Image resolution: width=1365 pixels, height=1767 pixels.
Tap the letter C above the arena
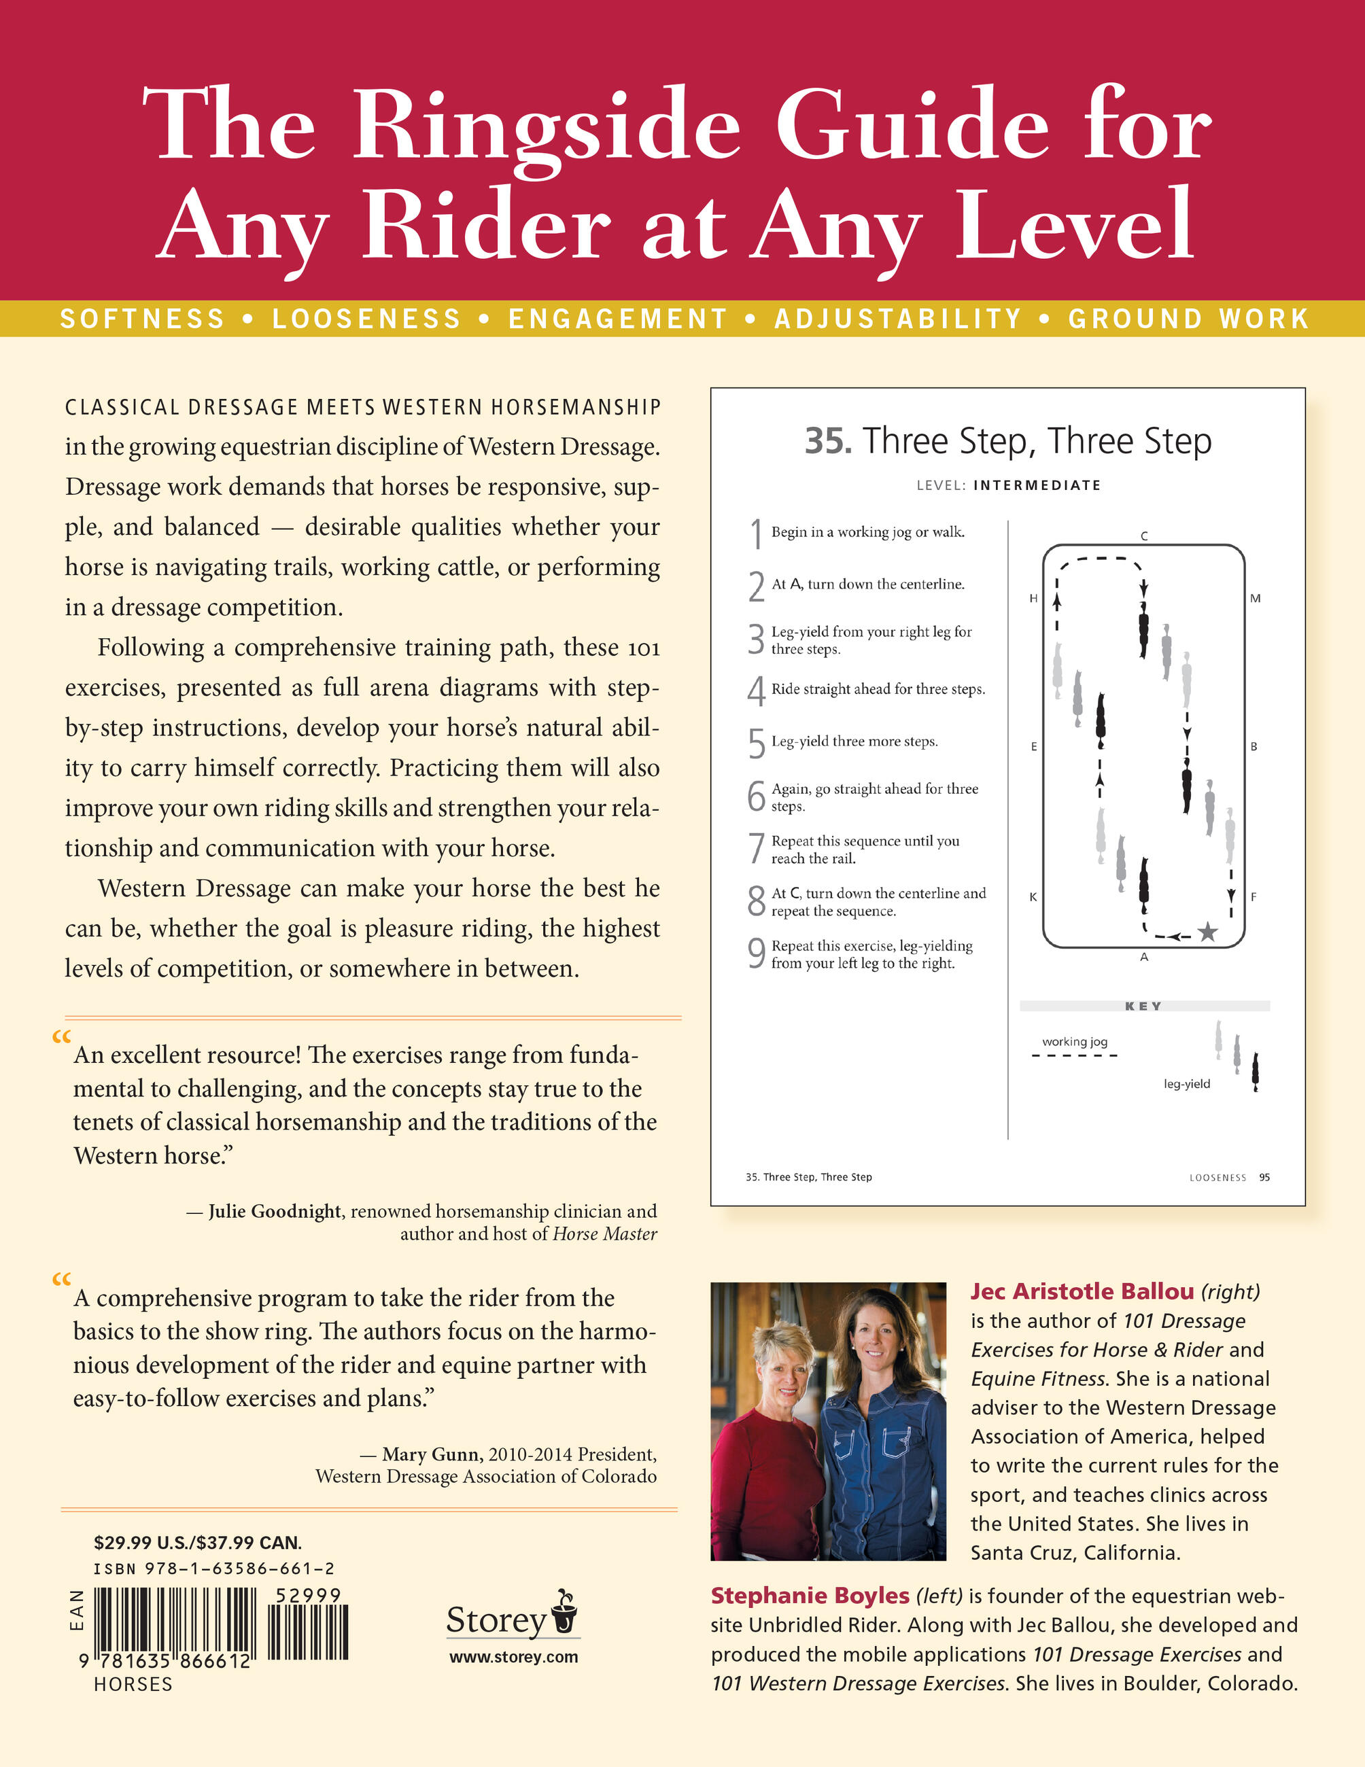(x=1144, y=536)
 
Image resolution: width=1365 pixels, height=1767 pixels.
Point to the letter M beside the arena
(x=1255, y=599)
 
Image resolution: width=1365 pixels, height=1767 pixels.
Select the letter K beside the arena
(x=1033, y=896)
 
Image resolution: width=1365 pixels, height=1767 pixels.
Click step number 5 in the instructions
(x=757, y=743)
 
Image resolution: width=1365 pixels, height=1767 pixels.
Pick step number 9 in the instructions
(x=757, y=953)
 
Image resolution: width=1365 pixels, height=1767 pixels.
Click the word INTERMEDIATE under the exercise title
(x=1037, y=485)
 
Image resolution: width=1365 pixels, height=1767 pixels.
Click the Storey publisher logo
(x=512, y=1617)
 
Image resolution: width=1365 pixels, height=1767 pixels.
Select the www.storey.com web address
(x=514, y=1656)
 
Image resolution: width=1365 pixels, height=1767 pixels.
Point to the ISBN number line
(x=214, y=1568)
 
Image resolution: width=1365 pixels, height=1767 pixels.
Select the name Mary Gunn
(x=433, y=1454)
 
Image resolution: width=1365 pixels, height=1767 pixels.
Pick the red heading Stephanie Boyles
(x=810, y=1596)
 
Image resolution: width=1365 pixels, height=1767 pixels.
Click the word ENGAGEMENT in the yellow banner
(x=618, y=319)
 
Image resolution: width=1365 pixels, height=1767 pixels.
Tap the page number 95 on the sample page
(x=1264, y=1177)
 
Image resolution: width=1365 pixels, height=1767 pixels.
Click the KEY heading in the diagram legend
(x=1143, y=1006)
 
